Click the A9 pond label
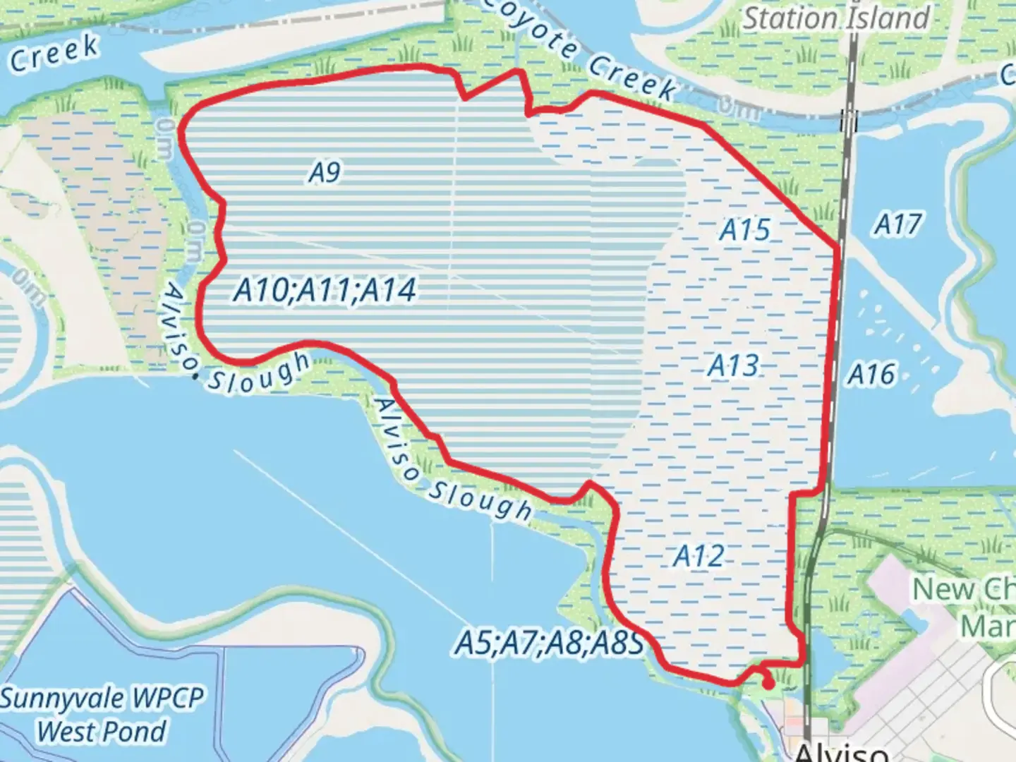(x=325, y=171)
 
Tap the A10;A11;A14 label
(x=325, y=290)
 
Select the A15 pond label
(x=745, y=230)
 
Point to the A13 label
(x=734, y=365)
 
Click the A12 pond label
(x=698, y=556)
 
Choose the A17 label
(x=897, y=224)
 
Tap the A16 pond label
(x=872, y=375)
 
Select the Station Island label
(x=837, y=18)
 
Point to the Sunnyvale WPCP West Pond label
(x=102, y=714)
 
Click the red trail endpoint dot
(x=768, y=683)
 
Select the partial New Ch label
(x=964, y=590)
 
